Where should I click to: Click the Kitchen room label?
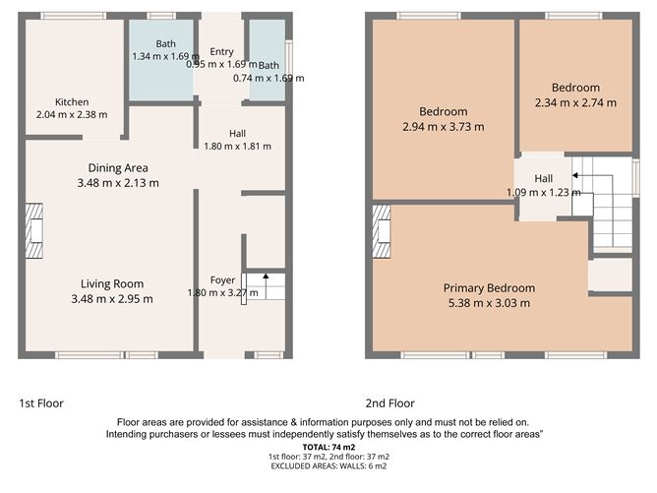point(72,102)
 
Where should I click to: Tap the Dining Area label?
point(118,168)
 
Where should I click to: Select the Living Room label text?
point(112,283)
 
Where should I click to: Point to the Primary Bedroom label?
point(489,288)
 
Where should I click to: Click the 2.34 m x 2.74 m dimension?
point(575,102)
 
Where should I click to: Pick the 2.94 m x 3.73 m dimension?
point(444,127)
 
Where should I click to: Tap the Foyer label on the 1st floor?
point(222,280)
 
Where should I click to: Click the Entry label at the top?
point(221,51)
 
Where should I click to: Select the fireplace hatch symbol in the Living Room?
point(34,230)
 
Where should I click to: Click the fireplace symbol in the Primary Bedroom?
point(382,231)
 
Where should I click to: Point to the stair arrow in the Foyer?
point(266,286)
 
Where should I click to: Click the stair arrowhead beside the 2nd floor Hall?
point(575,175)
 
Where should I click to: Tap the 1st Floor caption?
point(41,403)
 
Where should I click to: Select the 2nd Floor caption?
point(389,403)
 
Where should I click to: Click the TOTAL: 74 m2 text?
point(328,448)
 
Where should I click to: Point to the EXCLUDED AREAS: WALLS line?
point(328,466)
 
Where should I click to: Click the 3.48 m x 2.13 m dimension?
point(118,183)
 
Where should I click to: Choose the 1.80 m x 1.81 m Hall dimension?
point(237,147)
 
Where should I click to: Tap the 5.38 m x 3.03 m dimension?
point(489,303)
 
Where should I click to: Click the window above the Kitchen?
point(74,16)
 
